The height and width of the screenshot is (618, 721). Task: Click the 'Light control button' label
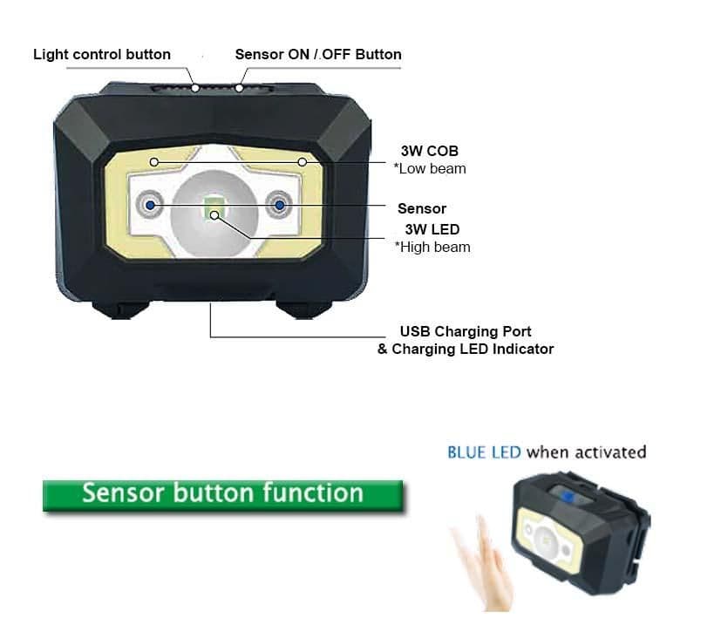click(102, 54)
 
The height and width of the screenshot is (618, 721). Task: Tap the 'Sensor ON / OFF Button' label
click(318, 54)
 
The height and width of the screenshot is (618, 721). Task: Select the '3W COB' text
click(430, 152)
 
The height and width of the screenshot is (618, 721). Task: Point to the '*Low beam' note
click(430, 168)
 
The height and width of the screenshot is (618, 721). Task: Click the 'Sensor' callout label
click(422, 208)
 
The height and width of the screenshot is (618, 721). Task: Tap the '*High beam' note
click(432, 247)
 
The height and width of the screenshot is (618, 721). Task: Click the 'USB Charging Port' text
click(466, 331)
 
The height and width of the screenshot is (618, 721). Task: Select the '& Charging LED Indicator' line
click(466, 349)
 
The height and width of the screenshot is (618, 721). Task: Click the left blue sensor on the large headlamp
click(150, 204)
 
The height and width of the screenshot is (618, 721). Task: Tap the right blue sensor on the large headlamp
click(280, 204)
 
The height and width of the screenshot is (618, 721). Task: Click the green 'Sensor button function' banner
click(222, 494)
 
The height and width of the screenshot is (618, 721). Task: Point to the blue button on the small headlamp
click(566, 498)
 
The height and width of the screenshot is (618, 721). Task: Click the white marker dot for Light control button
click(197, 87)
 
